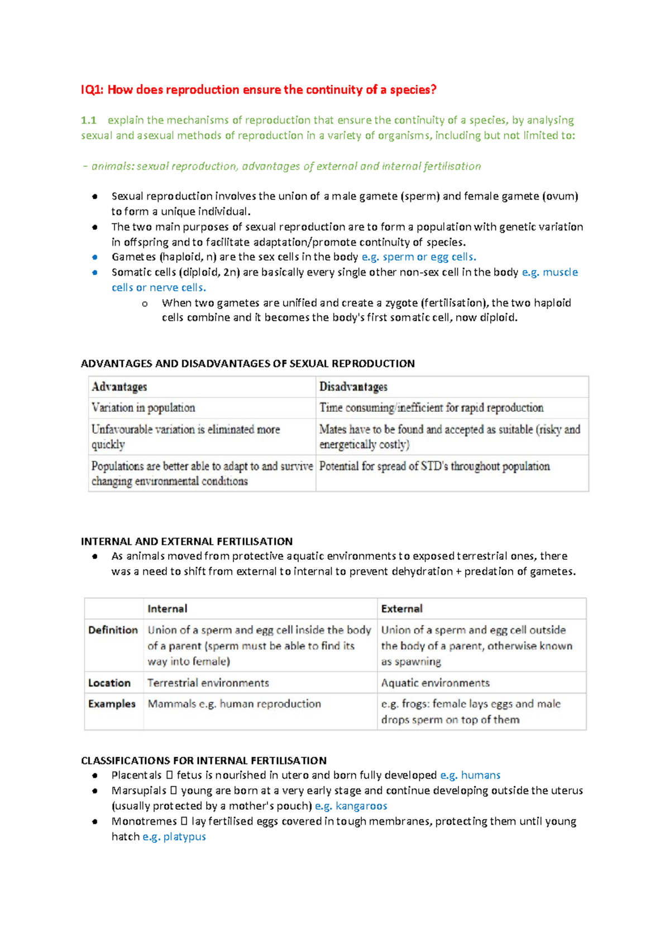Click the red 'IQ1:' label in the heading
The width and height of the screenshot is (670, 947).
(92, 90)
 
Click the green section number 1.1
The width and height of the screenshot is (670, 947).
(88, 120)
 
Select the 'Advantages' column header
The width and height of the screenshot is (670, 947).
(119, 387)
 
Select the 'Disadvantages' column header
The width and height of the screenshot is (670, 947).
(353, 387)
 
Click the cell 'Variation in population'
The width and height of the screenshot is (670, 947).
(143, 408)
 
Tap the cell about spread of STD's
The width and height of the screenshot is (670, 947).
(434, 467)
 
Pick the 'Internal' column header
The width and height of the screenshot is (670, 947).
(167, 609)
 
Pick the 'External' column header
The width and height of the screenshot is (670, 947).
(401, 609)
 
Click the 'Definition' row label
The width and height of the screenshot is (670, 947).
(113, 630)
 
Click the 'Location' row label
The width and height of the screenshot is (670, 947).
(109, 683)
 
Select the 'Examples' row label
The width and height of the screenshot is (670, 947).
(112, 704)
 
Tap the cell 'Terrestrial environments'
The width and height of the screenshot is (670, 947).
(208, 683)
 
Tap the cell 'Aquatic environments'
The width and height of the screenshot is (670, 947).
(435, 683)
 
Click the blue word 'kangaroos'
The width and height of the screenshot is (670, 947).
(361, 806)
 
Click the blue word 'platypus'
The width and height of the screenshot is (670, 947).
(184, 837)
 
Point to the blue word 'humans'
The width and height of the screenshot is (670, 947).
(481, 775)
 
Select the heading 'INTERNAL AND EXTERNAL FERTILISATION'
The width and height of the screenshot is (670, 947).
(186, 541)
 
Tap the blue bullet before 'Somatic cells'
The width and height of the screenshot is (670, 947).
(95, 272)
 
